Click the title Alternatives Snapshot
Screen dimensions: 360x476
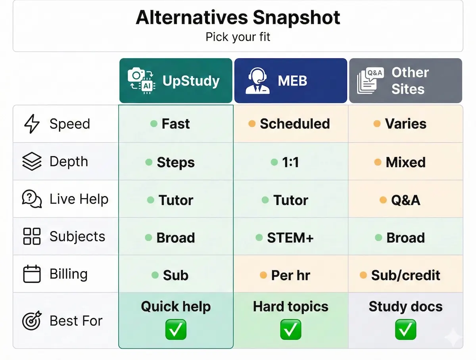(x=238, y=18)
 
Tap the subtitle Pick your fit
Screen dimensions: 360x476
(x=238, y=37)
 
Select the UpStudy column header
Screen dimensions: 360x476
(x=176, y=81)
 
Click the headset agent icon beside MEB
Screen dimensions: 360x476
(x=258, y=81)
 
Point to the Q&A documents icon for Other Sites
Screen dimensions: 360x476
(x=370, y=81)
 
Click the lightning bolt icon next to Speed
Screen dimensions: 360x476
(x=32, y=124)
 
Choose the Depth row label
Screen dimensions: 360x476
(x=69, y=162)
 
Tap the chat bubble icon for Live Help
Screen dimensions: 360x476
(x=32, y=199)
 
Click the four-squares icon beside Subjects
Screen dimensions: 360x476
(x=32, y=236)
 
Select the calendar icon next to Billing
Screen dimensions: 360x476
(x=32, y=274)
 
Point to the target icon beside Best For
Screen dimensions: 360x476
(x=32, y=320)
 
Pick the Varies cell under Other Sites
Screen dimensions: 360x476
(x=405, y=124)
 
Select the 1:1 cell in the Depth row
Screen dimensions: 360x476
(x=290, y=162)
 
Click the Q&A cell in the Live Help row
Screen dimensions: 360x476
(x=405, y=200)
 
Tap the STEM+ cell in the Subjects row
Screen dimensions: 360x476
(x=290, y=237)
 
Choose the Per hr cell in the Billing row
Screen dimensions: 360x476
(x=290, y=275)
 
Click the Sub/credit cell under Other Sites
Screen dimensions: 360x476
(x=405, y=275)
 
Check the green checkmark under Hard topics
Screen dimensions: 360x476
(x=290, y=329)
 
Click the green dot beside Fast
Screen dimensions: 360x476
(x=154, y=124)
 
